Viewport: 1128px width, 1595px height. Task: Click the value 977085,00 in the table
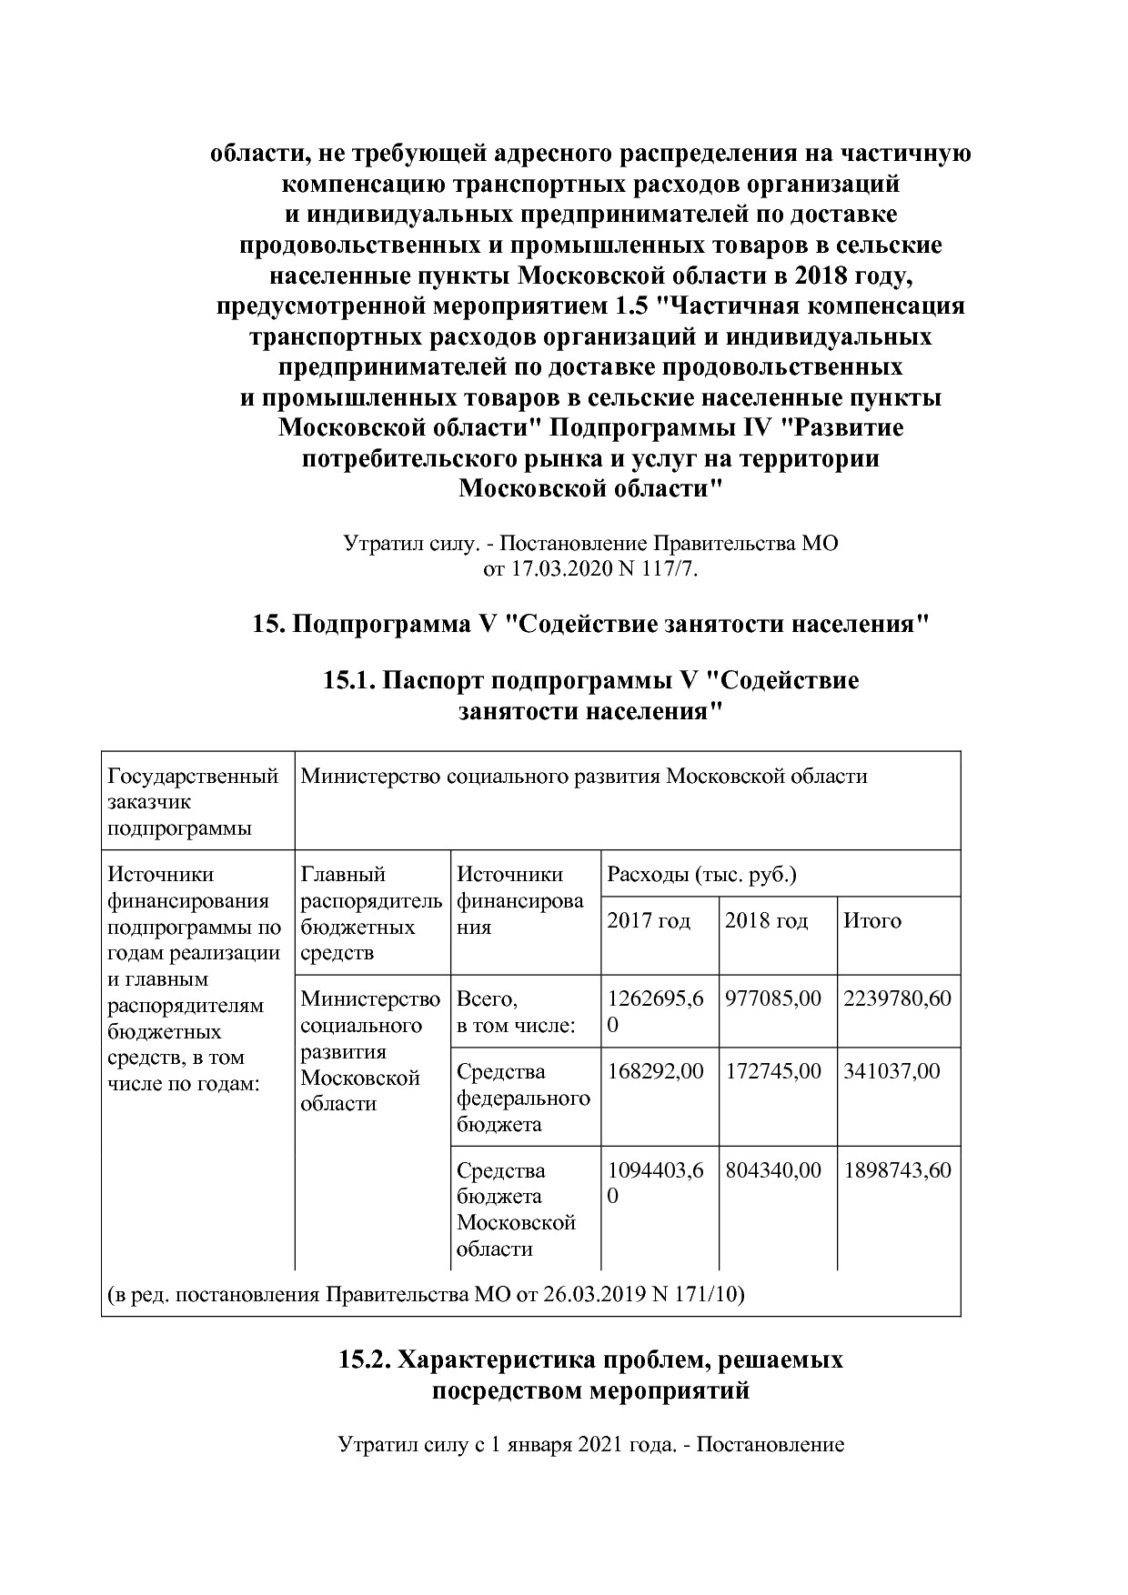pos(772,998)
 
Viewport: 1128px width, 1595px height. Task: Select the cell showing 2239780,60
pos(897,998)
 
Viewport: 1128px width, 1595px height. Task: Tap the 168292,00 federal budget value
pos(655,1071)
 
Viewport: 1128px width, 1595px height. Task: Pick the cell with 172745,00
pos(772,1071)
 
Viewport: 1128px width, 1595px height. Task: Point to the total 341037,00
pos(891,1071)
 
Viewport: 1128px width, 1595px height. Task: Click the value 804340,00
pos(772,1169)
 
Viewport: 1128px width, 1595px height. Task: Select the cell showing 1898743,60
pos(897,1169)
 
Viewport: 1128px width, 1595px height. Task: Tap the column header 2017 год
pos(649,920)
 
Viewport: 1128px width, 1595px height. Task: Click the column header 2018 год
pos(766,920)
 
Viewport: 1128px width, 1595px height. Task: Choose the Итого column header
pos(871,920)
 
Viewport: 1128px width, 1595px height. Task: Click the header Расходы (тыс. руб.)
pos(701,875)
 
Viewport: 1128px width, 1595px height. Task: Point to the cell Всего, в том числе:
pos(516,1012)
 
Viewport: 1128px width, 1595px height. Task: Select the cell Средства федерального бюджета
pos(523,1098)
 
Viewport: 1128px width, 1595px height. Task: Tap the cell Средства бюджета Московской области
pos(516,1209)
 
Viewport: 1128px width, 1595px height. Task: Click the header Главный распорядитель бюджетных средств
pos(371,913)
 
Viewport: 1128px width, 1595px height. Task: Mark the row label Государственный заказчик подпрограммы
pos(193,802)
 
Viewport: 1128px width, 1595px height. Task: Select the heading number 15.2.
pos(364,1359)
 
